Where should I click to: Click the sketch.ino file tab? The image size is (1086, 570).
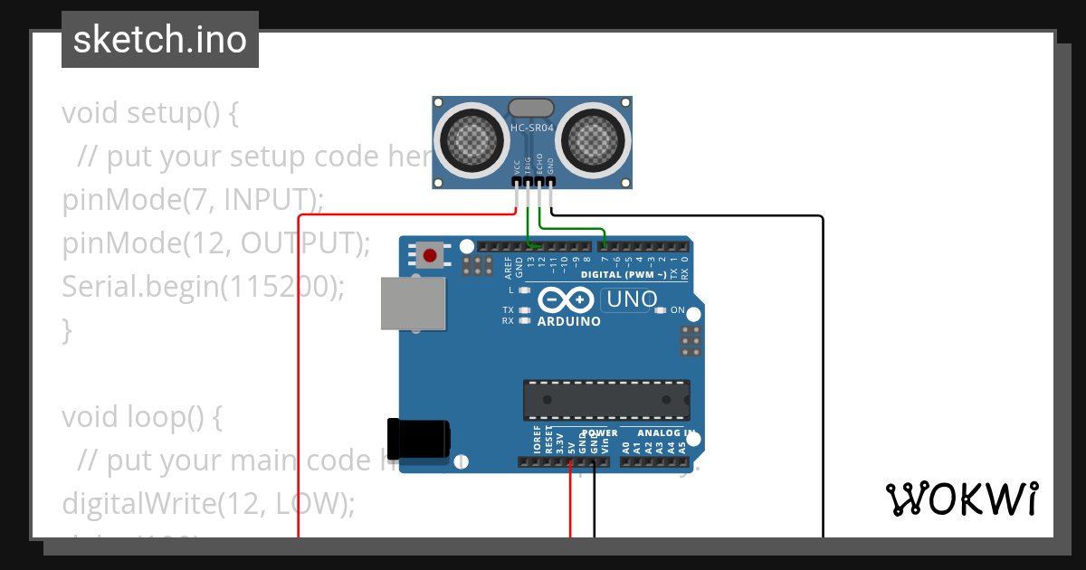click(x=160, y=40)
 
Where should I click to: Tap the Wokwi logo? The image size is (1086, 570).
click(x=961, y=499)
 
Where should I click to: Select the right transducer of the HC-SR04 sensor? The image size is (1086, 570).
click(x=595, y=138)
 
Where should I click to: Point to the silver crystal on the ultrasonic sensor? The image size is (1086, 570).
click(x=531, y=109)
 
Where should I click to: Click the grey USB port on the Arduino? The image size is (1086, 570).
click(x=414, y=303)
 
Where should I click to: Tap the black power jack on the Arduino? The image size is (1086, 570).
click(x=418, y=438)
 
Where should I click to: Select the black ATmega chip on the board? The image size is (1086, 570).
click(x=606, y=399)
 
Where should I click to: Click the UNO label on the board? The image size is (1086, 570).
click(x=633, y=299)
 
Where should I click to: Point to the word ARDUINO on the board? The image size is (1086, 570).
click(x=569, y=321)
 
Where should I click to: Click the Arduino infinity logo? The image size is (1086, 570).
click(x=567, y=299)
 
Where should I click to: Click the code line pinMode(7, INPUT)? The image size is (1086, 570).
click(x=193, y=200)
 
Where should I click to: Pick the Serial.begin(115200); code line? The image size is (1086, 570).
click(x=204, y=287)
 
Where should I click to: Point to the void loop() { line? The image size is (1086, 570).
click(x=142, y=417)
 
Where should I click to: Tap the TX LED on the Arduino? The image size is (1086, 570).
click(x=524, y=310)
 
